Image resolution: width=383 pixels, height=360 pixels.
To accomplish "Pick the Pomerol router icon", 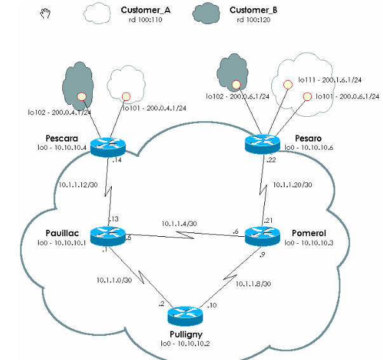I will click(262, 235).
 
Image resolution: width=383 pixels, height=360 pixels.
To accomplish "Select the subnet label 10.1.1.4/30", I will click(180, 224).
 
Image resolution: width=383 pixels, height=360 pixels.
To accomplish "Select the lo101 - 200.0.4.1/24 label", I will click(157, 109).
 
